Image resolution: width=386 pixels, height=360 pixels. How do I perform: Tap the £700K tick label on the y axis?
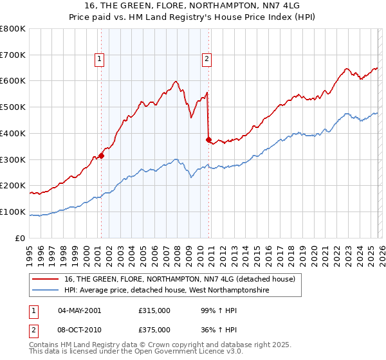13,55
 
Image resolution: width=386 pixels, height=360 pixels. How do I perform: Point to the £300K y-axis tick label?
13,159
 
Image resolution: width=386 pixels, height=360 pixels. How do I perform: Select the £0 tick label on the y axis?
19,238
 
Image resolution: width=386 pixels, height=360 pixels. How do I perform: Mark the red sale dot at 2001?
101,156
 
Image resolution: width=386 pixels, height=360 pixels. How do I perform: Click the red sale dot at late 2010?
208,139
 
